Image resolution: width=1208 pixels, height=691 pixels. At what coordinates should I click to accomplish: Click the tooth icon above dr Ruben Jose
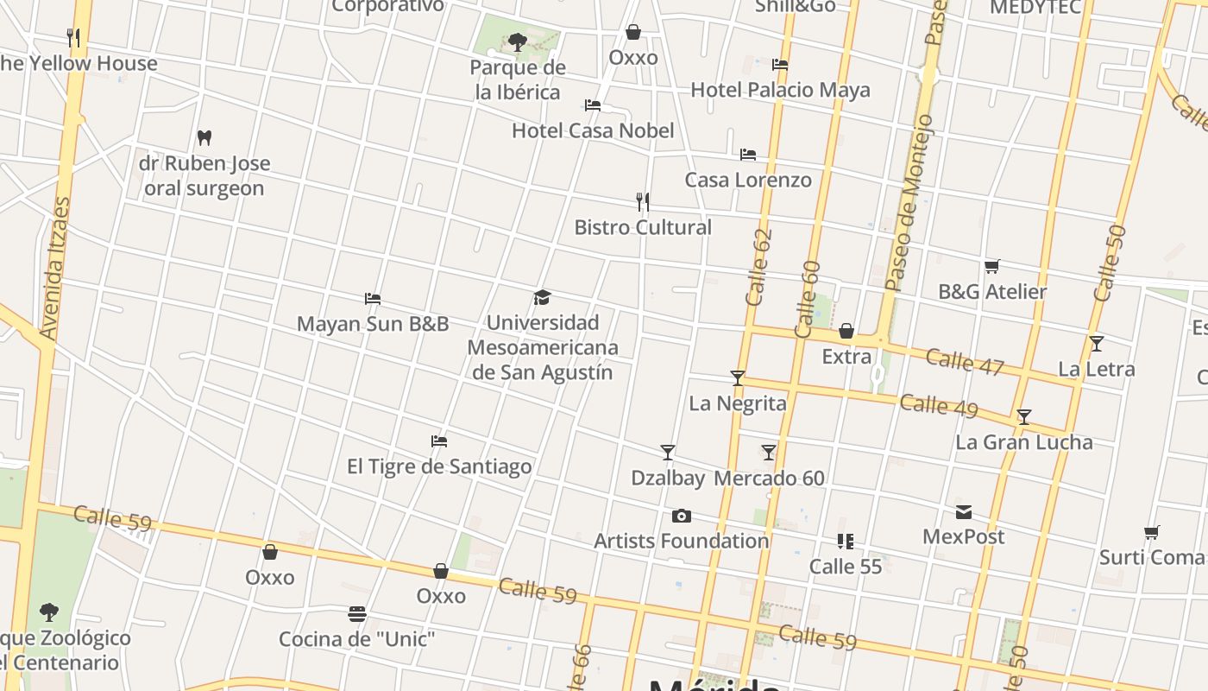204,137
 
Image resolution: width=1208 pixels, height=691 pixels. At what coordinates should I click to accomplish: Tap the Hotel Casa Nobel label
593,130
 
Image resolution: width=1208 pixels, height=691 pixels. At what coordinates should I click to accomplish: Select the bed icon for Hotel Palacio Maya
780,65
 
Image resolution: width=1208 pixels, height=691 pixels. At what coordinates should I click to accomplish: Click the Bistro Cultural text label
643,227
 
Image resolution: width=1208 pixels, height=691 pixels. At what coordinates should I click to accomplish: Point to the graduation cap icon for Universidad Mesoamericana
542,298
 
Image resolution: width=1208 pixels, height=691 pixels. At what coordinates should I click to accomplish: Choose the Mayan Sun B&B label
373,324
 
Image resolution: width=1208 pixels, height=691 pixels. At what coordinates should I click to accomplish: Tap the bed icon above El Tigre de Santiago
439,441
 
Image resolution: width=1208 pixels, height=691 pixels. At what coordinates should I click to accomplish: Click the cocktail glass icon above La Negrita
738,377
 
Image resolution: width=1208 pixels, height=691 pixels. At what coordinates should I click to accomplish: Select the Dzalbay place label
668,478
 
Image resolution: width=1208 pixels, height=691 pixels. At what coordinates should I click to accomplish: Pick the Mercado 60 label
770,478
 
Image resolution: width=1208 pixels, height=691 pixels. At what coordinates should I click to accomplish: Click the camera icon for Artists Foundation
682,516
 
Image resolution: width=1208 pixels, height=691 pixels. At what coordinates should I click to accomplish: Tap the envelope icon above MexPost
964,512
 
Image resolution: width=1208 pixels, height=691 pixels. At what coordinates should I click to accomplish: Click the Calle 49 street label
939,405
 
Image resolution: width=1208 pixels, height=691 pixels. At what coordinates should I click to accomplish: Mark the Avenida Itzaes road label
54,268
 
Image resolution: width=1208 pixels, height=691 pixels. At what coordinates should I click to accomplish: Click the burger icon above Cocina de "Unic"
357,614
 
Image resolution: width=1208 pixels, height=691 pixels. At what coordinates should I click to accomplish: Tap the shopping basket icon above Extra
846,331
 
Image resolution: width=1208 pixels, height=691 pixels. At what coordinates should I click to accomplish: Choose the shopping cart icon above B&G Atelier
992,266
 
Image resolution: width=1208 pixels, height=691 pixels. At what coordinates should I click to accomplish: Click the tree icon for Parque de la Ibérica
518,41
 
